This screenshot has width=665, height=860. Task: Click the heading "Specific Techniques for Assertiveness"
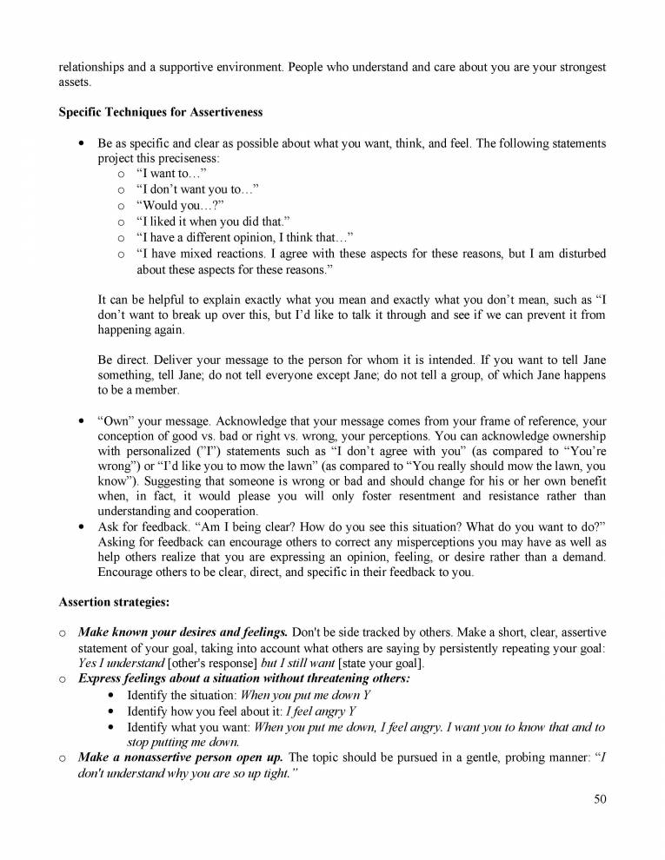click(160, 112)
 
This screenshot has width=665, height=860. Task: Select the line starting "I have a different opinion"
click(244, 237)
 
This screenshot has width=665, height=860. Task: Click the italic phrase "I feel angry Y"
click(296, 711)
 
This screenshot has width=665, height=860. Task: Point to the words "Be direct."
click(123, 360)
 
